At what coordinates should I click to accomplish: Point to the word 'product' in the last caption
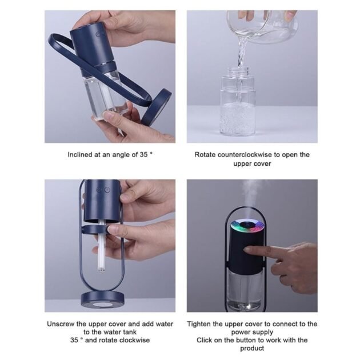click(252, 348)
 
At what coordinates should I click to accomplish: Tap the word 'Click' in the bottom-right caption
click(208, 340)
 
